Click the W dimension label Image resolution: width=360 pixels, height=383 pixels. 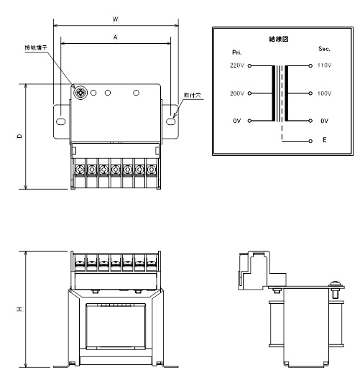pos(116,19)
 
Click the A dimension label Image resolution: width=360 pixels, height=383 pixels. pos(116,37)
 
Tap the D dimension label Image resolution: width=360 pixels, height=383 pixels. pos(20,137)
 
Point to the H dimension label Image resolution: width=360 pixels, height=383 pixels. pos(20,309)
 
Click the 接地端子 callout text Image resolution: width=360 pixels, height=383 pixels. pos(36,47)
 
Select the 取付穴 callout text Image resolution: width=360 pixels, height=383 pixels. pos(193,95)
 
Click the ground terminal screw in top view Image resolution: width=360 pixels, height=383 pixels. pos(80,93)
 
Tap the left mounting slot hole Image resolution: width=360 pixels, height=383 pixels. pos(61,121)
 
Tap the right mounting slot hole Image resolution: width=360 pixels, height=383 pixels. pos(171,121)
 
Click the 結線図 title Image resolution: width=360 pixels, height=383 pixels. pos(279,39)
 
